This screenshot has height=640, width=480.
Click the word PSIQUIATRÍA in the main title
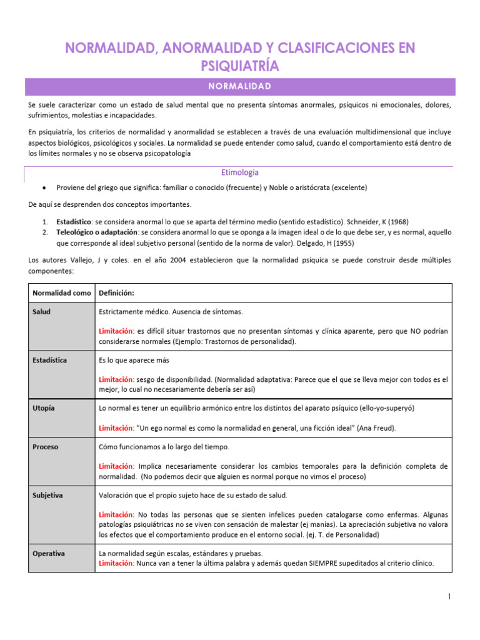(x=240, y=66)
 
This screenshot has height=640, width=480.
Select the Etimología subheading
(x=240, y=172)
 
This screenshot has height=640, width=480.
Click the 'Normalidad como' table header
(x=61, y=293)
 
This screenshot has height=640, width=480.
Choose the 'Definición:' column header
(x=117, y=293)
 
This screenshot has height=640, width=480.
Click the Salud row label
(x=42, y=311)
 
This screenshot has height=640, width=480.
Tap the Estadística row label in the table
(x=51, y=360)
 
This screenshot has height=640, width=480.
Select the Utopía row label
(x=44, y=408)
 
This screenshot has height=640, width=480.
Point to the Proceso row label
(x=46, y=447)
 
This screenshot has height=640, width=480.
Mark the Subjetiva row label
(x=48, y=495)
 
